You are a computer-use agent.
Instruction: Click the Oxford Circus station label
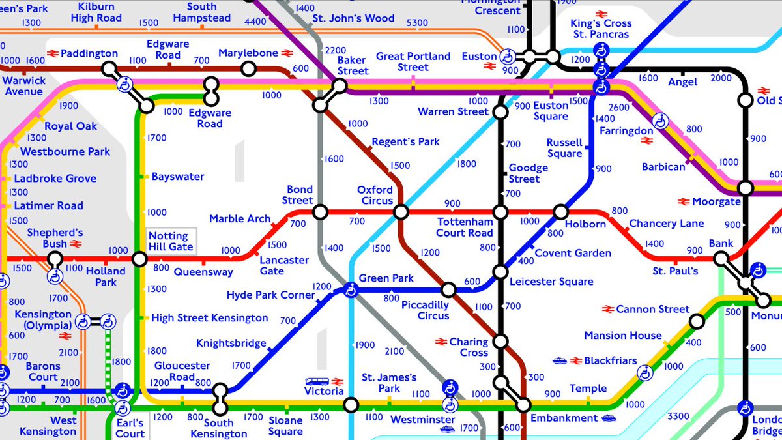point(375,195)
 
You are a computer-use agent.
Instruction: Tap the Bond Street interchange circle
point(320,212)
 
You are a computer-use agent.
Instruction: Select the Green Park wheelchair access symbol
point(351,289)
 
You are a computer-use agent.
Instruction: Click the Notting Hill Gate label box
point(171,241)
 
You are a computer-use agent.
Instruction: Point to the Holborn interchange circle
point(561,212)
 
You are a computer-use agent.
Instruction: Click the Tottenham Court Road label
point(465,227)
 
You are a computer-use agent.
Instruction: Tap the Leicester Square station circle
point(500,272)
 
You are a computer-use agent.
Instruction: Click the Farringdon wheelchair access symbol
point(661,121)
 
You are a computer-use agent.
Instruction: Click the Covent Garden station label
point(572,253)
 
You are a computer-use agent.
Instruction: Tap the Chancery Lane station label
point(666,224)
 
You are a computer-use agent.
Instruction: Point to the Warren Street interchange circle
point(500,112)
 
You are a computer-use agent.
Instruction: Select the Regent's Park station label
point(405,141)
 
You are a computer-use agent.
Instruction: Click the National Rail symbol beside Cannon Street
point(608,309)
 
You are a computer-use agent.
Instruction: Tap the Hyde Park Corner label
point(270,295)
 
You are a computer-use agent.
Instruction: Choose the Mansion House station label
point(622,336)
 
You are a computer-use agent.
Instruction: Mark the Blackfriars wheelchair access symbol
point(644,373)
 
